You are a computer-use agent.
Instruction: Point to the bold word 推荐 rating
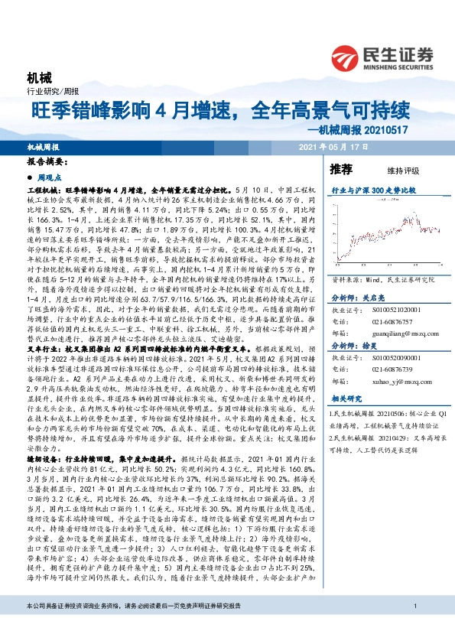tap(341, 168)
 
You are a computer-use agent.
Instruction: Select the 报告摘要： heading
tap(47, 162)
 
